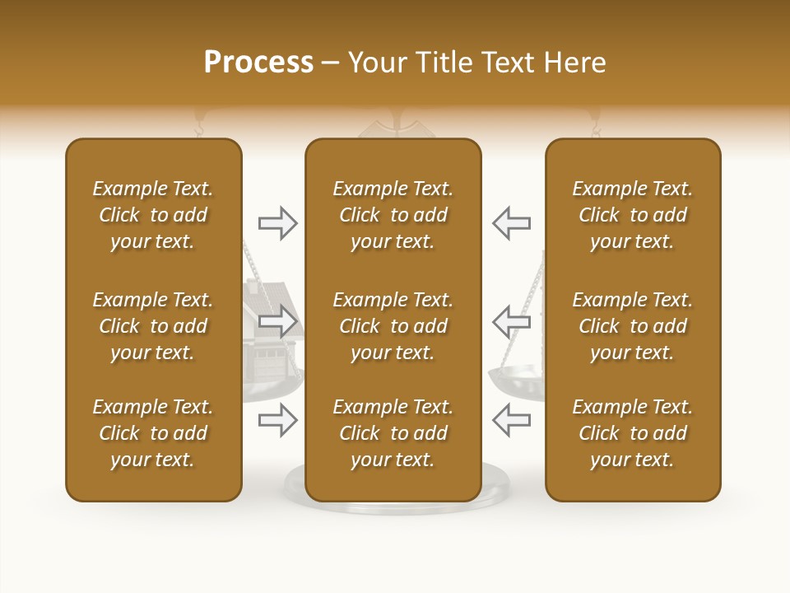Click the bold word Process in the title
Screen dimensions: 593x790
[258, 63]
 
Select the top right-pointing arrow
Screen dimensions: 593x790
[278, 223]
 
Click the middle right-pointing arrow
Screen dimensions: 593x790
[278, 320]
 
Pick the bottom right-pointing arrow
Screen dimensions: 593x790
[278, 421]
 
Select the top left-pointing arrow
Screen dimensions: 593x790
[511, 223]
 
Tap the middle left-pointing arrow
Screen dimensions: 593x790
[511, 320]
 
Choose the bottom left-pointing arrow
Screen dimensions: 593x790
[511, 421]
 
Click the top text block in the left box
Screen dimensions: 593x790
[153, 215]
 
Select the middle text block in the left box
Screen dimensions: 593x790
[153, 326]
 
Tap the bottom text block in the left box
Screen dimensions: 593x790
[153, 433]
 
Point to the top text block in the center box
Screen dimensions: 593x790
[393, 215]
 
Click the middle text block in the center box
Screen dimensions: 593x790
[393, 326]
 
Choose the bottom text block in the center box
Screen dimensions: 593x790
[393, 433]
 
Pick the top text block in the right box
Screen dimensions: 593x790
[632, 215]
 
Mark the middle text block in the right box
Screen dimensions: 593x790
[632, 326]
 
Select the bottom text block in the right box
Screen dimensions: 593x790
[632, 433]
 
